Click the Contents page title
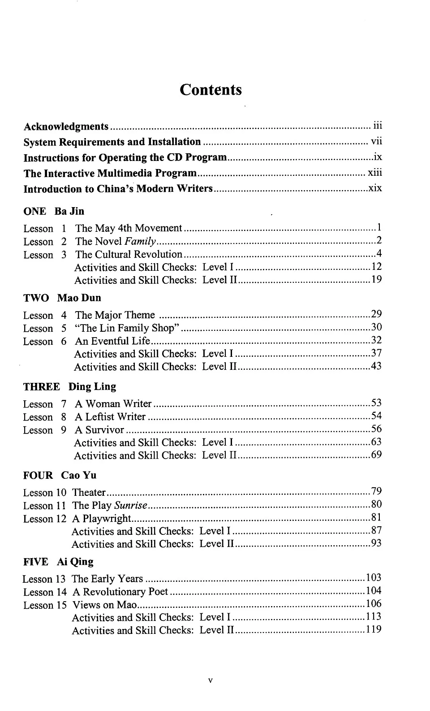(x=211, y=90)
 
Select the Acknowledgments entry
(x=66, y=127)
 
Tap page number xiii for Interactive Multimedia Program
(x=375, y=173)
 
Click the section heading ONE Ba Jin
(x=54, y=211)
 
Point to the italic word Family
(x=140, y=242)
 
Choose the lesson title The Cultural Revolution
(x=129, y=255)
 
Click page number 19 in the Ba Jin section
(x=376, y=280)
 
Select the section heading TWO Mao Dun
(x=62, y=298)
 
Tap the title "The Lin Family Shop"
(x=128, y=328)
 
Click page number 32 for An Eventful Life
(x=376, y=340)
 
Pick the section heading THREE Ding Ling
(x=69, y=386)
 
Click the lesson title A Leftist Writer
(x=110, y=417)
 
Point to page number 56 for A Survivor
(x=376, y=429)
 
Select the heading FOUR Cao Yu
(x=60, y=475)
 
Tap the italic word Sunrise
(x=130, y=506)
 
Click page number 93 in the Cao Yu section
(x=376, y=543)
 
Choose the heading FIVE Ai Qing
(x=58, y=562)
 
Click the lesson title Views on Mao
(x=104, y=605)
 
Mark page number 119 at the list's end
(x=374, y=629)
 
